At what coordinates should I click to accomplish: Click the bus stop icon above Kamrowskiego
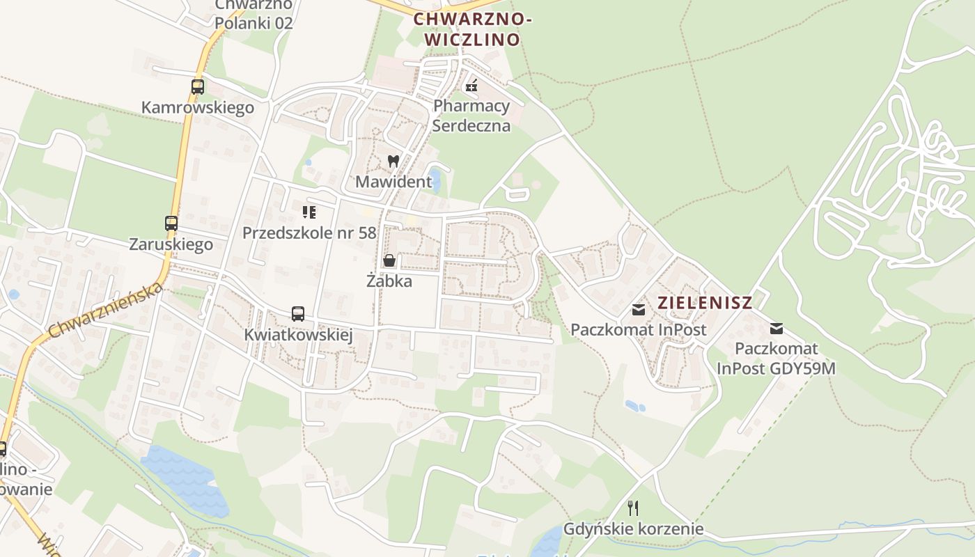click(x=198, y=87)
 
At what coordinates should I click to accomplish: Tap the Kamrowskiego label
click(x=197, y=108)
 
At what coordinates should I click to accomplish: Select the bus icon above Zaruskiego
click(x=171, y=223)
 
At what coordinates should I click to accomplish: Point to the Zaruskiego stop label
click(x=171, y=244)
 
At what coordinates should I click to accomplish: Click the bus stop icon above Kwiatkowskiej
click(x=298, y=314)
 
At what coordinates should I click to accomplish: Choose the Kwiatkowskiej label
click(x=298, y=335)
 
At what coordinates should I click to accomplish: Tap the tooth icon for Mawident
click(x=393, y=161)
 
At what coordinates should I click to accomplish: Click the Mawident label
click(x=393, y=182)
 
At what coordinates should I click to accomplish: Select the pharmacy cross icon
click(x=471, y=86)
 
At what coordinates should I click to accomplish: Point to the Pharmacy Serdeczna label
click(x=471, y=116)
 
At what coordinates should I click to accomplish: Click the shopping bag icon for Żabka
click(x=389, y=260)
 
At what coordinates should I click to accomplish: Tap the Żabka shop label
click(x=389, y=281)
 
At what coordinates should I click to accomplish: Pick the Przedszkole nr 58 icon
click(x=309, y=212)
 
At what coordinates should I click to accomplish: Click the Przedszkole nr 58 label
click(x=309, y=233)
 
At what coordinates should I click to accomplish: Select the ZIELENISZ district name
click(x=705, y=303)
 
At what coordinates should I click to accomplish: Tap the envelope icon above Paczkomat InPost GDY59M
click(x=777, y=329)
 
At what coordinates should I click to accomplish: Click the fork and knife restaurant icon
click(x=633, y=508)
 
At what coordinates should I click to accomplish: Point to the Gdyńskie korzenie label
click(x=633, y=529)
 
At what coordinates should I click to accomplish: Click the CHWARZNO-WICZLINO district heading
click(x=473, y=29)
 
